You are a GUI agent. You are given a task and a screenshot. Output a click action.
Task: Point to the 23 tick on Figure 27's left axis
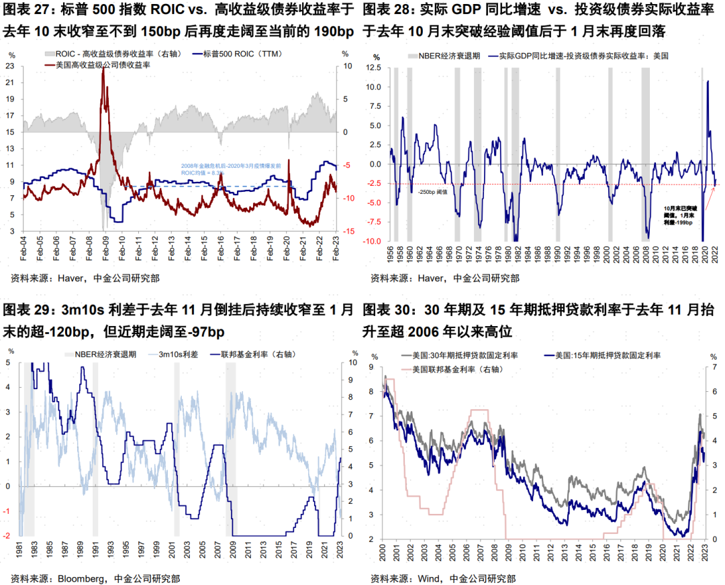[10, 66]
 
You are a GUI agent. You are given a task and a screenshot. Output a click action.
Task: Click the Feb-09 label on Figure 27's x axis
[105, 249]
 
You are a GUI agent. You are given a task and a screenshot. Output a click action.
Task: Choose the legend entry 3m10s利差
[178, 354]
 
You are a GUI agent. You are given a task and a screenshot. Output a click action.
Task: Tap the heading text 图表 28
[388, 11]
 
